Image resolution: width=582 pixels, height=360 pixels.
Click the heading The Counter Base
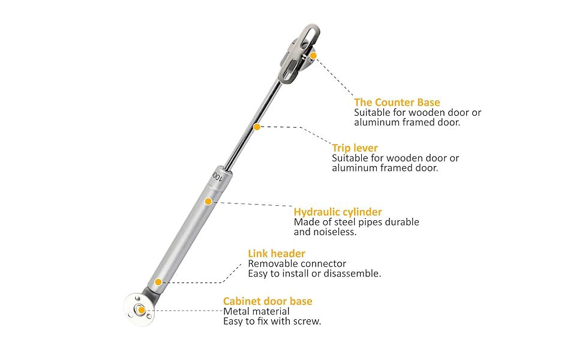click(397, 103)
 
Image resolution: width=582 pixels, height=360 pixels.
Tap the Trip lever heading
click(355, 148)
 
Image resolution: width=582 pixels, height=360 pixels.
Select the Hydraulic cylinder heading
click(338, 212)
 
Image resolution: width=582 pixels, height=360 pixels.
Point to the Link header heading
click(277, 254)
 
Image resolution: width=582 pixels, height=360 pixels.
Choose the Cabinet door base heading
click(268, 301)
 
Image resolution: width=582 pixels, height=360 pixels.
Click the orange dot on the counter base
click(313, 55)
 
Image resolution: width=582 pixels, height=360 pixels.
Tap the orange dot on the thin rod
click(257, 127)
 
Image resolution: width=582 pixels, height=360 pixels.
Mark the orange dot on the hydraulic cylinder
click(208, 201)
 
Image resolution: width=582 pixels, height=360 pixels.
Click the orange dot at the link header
click(158, 281)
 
